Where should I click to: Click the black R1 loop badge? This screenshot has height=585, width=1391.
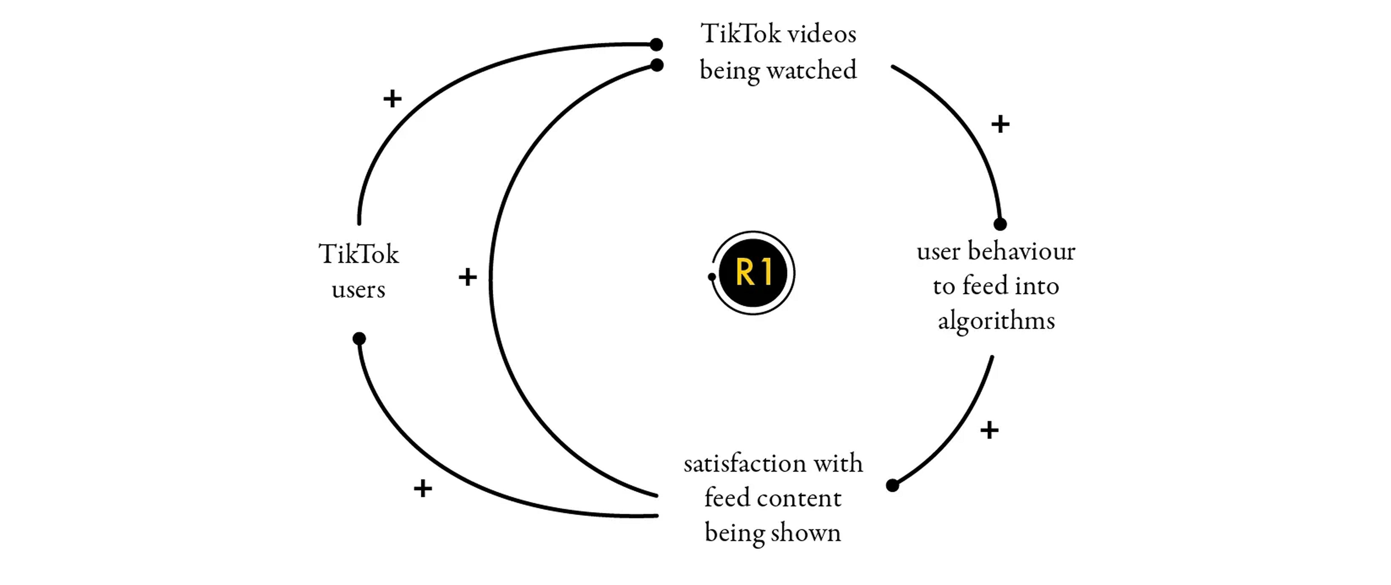(x=753, y=272)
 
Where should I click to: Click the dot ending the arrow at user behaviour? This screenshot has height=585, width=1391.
(x=1000, y=224)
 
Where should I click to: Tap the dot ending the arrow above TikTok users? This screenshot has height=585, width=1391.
(x=359, y=338)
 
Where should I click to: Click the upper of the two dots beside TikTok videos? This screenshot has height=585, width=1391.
(x=656, y=44)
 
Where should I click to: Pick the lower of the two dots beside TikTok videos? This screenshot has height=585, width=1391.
(x=657, y=65)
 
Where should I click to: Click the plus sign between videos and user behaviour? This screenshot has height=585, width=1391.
(x=1000, y=124)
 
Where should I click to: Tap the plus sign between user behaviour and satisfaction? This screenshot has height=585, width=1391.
(x=989, y=430)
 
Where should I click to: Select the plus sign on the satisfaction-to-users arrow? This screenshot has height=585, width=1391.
(x=423, y=488)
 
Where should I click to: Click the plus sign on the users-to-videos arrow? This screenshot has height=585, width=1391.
(x=393, y=99)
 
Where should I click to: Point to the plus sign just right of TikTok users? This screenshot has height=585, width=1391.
(x=468, y=277)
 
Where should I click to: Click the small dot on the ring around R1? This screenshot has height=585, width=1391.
(x=712, y=277)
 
